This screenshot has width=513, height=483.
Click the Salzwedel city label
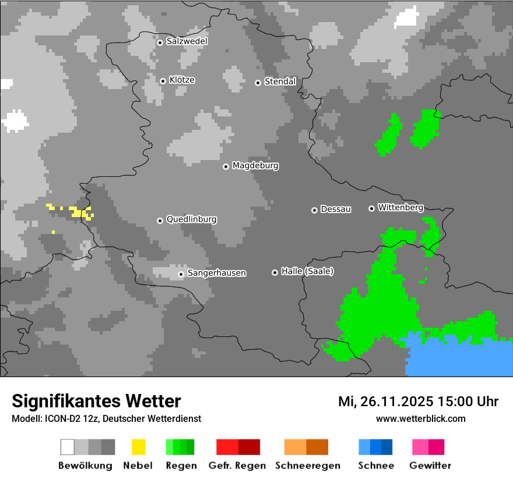(x=187, y=41)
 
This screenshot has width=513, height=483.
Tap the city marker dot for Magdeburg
(x=226, y=166)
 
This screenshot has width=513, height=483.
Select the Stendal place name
(x=280, y=81)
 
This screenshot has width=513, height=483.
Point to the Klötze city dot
(x=163, y=81)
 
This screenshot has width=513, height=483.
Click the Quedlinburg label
(x=191, y=219)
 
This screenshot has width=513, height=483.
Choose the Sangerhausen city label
(x=216, y=273)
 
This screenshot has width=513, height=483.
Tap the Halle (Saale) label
(x=307, y=271)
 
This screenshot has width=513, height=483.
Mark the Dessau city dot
(x=314, y=210)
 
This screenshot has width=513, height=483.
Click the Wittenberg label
(x=400, y=207)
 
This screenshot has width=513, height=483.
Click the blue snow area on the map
(x=461, y=358)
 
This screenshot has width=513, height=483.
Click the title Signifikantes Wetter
(x=96, y=401)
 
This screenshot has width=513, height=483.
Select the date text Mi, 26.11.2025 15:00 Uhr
(x=418, y=402)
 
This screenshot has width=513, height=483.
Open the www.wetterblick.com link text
(x=420, y=418)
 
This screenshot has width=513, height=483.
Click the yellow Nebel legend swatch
(x=138, y=447)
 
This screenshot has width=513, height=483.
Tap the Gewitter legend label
(x=430, y=466)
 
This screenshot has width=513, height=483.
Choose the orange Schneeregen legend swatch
(x=295, y=447)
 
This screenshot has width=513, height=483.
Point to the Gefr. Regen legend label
(x=237, y=466)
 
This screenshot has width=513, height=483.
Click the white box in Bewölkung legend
(x=68, y=447)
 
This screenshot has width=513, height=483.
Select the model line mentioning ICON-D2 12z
(x=106, y=418)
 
